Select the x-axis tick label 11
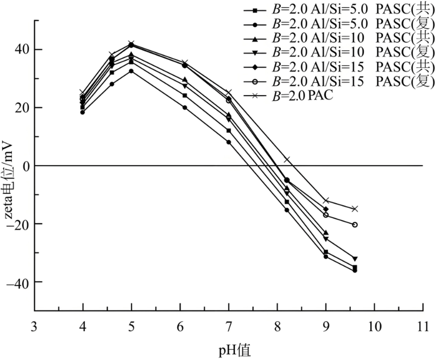click(x=423, y=327)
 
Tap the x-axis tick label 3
click(x=34, y=327)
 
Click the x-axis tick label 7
click(x=229, y=327)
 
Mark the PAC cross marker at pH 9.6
click(x=355, y=209)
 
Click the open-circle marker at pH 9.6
click(x=355, y=224)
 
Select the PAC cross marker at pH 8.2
click(x=287, y=159)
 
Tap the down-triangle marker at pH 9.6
click(x=355, y=259)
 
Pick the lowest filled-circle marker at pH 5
click(x=132, y=71)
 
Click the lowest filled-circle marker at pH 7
click(x=229, y=142)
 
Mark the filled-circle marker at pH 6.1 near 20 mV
click(x=185, y=107)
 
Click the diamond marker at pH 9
click(x=326, y=209)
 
